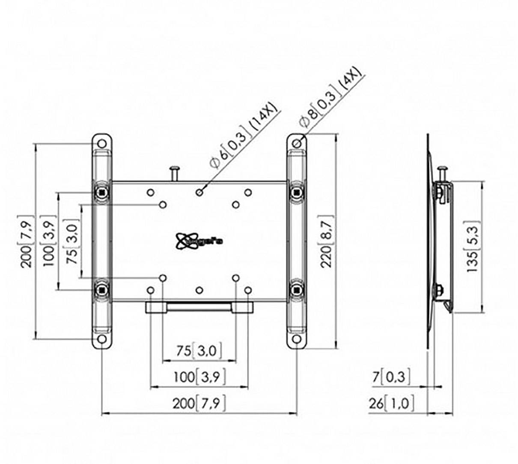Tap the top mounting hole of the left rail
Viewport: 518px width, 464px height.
[x=102, y=143]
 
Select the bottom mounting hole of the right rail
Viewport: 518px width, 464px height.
[x=296, y=339]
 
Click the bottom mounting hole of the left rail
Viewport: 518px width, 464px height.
[x=102, y=340]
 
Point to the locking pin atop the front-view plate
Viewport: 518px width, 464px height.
[x=175, y=173]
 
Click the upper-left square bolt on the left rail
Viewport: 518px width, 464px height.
[x=102, y=192]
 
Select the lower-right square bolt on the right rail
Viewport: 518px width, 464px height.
[x=296, y=290]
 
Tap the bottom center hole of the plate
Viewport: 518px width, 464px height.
[x=199, y=291]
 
